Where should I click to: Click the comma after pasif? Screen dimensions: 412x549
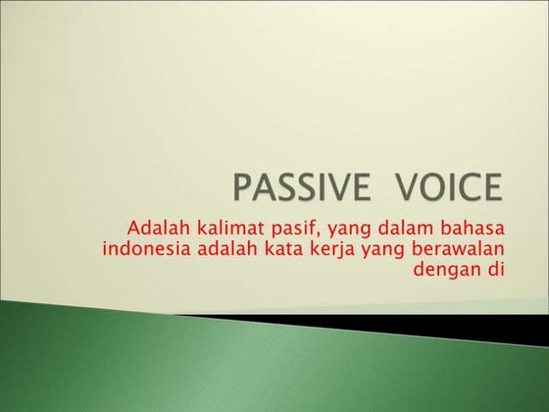308,234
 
